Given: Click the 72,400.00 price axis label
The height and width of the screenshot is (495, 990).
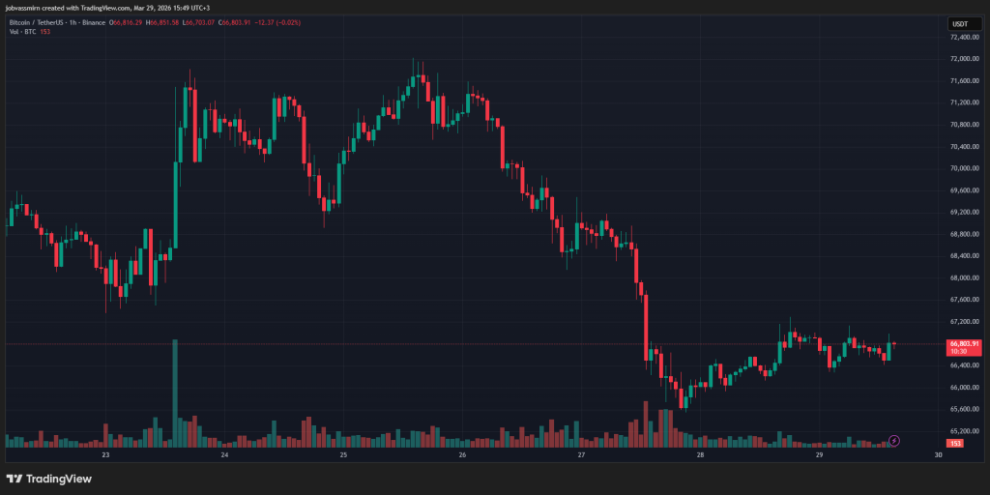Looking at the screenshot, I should (963, 37).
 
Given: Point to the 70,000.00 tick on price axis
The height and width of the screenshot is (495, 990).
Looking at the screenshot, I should (963, 168).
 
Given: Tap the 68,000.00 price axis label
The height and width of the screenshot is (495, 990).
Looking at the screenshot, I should (963, 277).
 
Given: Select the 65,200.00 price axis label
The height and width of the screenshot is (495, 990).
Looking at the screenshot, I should (963, 431).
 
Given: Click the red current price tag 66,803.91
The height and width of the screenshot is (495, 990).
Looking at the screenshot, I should (964, 343).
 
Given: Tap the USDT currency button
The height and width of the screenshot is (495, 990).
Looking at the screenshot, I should (960, 23).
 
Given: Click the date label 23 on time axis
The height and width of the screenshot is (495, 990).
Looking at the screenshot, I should (105, 454).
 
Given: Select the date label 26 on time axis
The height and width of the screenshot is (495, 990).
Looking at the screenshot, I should (462, 454).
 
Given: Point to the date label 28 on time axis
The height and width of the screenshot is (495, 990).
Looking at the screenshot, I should (700, 454).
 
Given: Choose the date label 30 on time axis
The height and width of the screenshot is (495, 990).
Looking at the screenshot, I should (938, 454).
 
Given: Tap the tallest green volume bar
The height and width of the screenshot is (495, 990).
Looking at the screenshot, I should (175, 393).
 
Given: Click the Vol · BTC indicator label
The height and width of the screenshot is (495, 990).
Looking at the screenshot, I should (23, 31).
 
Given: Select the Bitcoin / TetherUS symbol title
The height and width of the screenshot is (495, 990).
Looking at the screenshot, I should (44, 21).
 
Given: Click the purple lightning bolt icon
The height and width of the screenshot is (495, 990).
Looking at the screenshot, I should (894, 441).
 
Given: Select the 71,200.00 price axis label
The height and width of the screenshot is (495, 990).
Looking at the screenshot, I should (963, 102).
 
